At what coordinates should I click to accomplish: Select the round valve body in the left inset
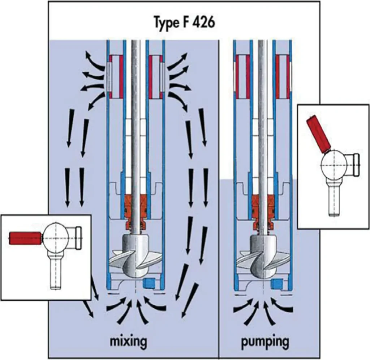[56, 237]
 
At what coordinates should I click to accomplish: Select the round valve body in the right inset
[334, 165]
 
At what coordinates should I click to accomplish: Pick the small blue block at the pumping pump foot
[277, 282]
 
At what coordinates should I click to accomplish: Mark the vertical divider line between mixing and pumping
[219, 217]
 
